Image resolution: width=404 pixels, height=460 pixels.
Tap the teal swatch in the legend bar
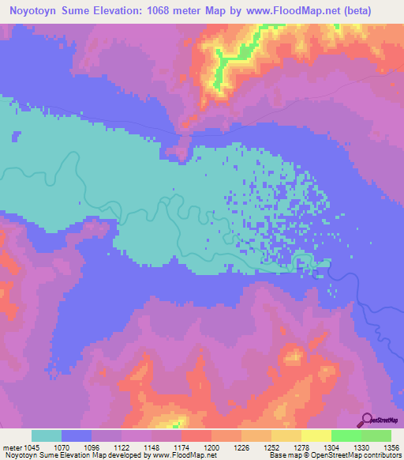point(46,435)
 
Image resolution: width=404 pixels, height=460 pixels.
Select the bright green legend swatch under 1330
point(346,435)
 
